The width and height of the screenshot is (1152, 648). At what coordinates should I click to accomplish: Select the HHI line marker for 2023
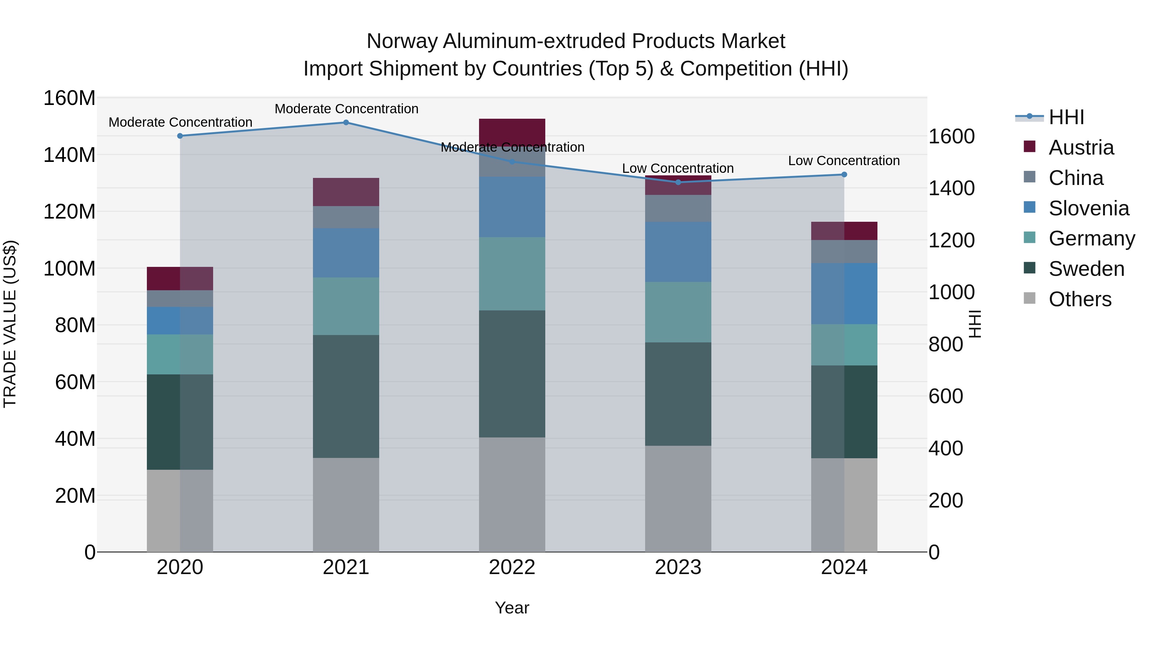click(678, 182)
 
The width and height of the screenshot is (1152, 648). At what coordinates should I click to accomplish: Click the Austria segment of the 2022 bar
click(512, 132)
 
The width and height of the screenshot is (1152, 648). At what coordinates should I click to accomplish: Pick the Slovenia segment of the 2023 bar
click(678, 252)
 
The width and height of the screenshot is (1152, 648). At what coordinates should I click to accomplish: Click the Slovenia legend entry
click(1089, 208)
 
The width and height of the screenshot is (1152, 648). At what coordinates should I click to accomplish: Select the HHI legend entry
click(1066, 117)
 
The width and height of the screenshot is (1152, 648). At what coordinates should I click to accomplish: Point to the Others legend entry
click(1080, 299)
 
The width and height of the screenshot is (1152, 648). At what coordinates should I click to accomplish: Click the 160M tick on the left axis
click(69, 98)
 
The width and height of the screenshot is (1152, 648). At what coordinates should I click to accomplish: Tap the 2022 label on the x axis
click(512, 567)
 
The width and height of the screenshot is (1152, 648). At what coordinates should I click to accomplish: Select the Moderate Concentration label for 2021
click(346, 109)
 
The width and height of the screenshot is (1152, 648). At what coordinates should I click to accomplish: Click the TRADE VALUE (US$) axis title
click(10, 324)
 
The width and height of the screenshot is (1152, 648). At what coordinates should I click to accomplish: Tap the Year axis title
click(512, 608)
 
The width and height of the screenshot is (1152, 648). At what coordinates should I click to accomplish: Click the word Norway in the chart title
click(402, 41)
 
